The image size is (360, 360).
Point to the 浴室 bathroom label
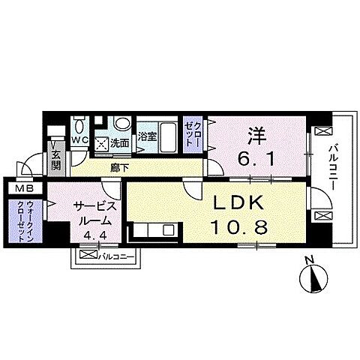coord(148,136)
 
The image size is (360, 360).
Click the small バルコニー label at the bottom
coord(116,256)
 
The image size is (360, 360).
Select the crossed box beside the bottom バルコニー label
coord(88,256)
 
